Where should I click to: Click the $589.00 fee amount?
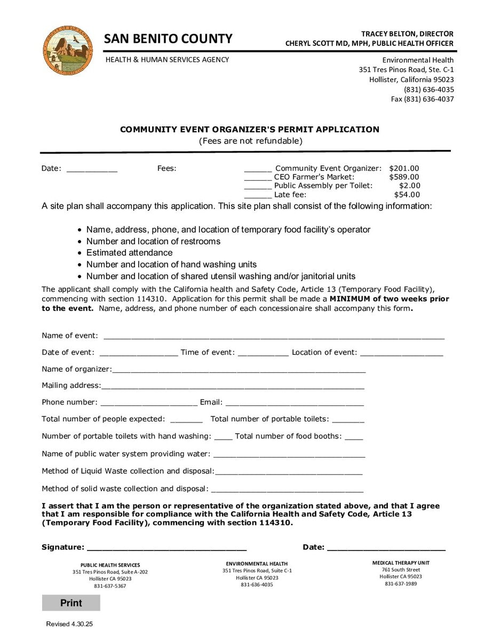pyautogui.click(x=404, y=177)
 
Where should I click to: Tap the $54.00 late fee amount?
pyautogui.click(x=407, y=195)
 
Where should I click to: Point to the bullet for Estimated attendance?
pyautogui.click(x=79, y=253)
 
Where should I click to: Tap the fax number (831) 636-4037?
pyautogui.click(x=422, y=99)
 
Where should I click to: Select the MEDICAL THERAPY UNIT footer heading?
pyautogui.click(x=400, y=563)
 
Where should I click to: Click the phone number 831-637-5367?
pyautogui.click(x=110, y=586)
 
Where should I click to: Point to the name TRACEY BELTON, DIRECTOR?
pyautogui.click(x=407, y=34)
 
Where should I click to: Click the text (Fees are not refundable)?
pyautogui.click(x=250, y=141)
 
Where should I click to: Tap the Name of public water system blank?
pyautogui.click(x=289, y=455)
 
